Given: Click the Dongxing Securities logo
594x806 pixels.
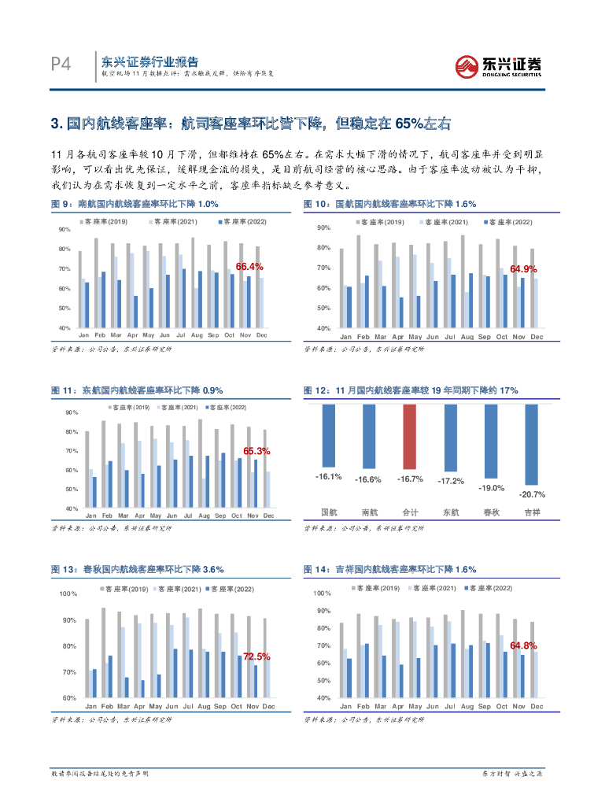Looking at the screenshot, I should [499, 65].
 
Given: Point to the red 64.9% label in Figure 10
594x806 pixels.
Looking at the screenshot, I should [523, 269].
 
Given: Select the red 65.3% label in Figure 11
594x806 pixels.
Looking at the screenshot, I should [256, 451].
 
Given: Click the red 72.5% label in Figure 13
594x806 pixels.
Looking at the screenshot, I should [256, 656].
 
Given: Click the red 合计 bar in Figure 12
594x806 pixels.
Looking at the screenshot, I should [411, 436].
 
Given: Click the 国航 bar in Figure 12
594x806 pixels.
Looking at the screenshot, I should [328, 436].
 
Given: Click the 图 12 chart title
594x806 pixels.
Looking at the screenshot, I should [411, 390].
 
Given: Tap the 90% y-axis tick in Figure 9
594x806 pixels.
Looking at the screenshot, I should [65, 229].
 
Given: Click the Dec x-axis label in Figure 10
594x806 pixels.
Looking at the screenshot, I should [537, 337].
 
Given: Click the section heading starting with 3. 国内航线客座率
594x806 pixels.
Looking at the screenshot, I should [251, 124].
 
